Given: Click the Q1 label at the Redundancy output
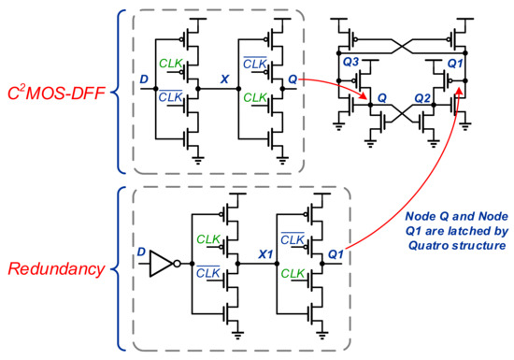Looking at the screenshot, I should click(x=337, y=253).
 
